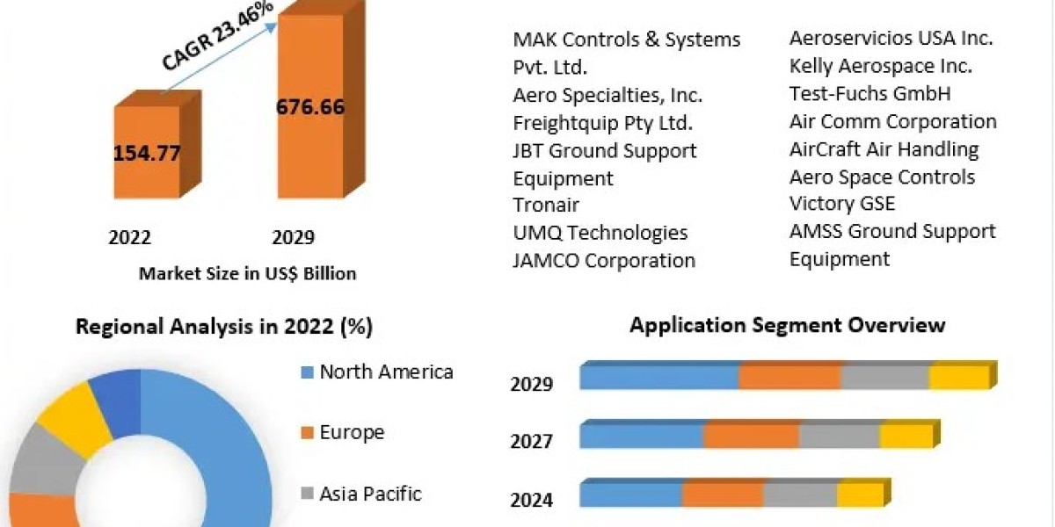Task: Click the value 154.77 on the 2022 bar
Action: [x=147, y=154]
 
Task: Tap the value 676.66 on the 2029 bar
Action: [x=310, y=107]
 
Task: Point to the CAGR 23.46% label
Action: [x=217, y=35]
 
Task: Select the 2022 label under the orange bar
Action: [x=129, y=237]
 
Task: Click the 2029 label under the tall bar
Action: [x=293, y=237]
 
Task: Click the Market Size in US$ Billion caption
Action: [x=247, y=273]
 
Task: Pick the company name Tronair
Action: [x=546, y=206]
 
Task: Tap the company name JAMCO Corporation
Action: [x=604, y=261]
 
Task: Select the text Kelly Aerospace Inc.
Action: [x=881, y=67]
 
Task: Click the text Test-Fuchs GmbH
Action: [x=869, y=94]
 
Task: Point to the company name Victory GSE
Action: [x=842, y=204]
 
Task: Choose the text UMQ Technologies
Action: [x=600, y=233]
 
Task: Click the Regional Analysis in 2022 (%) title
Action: [x=224, y=327]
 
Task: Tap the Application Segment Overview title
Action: [x=788, y=325]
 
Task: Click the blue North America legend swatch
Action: [x=307, y=372]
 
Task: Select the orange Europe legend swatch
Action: [x=307, y=433]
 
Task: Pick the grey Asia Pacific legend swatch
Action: [x=307, y=494]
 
